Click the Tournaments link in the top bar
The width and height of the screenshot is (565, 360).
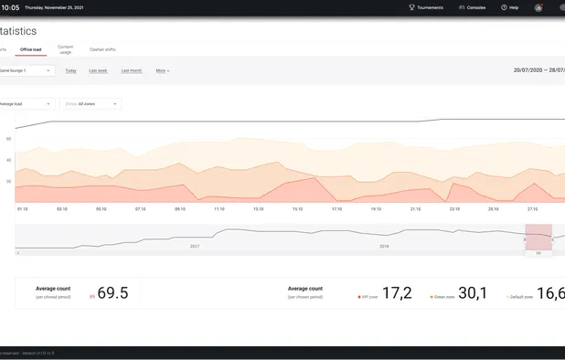[426, 7]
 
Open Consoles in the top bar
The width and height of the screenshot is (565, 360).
[473, 7]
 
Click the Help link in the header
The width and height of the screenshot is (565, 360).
[510, 7]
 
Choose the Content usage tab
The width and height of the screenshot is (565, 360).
[65, 49]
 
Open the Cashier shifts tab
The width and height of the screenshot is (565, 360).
[102, 49]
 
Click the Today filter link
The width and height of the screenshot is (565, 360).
[70, 70]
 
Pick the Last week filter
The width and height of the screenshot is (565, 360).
[98, 70]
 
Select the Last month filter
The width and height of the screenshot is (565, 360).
[131, 70]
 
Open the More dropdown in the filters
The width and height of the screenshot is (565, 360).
[162, 70]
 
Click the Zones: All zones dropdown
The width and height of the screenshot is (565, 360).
[91, 104]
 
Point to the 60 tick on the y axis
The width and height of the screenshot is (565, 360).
[8, 139]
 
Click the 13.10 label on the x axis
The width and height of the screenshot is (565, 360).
[258, 208]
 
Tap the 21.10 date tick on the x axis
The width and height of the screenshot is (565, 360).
[415, 208]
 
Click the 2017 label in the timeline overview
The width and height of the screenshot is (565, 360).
[195, 246]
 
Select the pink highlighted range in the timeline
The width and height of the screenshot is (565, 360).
[538, 237]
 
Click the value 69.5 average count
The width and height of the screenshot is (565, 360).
[112, 293]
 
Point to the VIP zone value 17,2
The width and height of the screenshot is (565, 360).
[396, 293]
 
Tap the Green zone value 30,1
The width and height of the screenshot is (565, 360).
[472, 293]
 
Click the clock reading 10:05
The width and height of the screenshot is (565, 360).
[10, 7]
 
